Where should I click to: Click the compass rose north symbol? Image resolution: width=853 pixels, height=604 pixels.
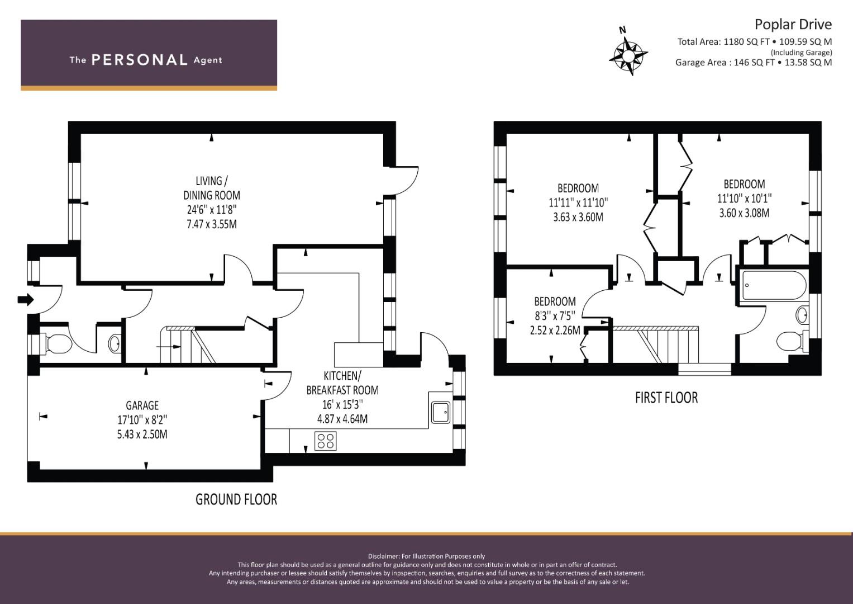click(x=628, y=53)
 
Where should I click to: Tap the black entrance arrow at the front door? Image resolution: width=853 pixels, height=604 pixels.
click(x=26, y=300)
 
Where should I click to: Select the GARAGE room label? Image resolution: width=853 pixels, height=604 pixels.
click(x=142, y=405)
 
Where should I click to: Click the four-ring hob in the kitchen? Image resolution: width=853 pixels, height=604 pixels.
click(x=326, y=441)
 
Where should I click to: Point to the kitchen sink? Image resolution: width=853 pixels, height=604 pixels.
click(x=441, y=413)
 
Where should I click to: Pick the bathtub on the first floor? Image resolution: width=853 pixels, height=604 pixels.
click(x=774, y=285)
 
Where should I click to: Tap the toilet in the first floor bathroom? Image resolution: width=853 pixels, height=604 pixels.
click(x=793, y=341)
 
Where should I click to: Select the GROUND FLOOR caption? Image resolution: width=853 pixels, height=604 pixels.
click(x=236, y=499)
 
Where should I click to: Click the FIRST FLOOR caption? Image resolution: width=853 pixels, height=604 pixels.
click(x=666, y=398)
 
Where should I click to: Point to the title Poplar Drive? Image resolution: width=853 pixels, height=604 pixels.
click(x=793, y=25)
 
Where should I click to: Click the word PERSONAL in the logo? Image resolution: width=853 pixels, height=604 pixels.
click(x=140, y=60)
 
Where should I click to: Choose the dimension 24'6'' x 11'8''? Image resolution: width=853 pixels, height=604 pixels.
click(x=212, y=210)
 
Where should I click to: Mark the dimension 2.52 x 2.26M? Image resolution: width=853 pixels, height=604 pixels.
click(x=555, y=330)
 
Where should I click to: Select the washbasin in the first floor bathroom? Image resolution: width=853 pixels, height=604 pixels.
click(x=803, y=315)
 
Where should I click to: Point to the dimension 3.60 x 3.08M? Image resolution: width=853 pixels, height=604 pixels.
click(x=744, y=213)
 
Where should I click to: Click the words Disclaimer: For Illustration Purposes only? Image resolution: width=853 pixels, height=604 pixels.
click(x=427, y=556)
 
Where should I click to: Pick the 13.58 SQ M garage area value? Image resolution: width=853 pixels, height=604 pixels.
click(x=808, y=62)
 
